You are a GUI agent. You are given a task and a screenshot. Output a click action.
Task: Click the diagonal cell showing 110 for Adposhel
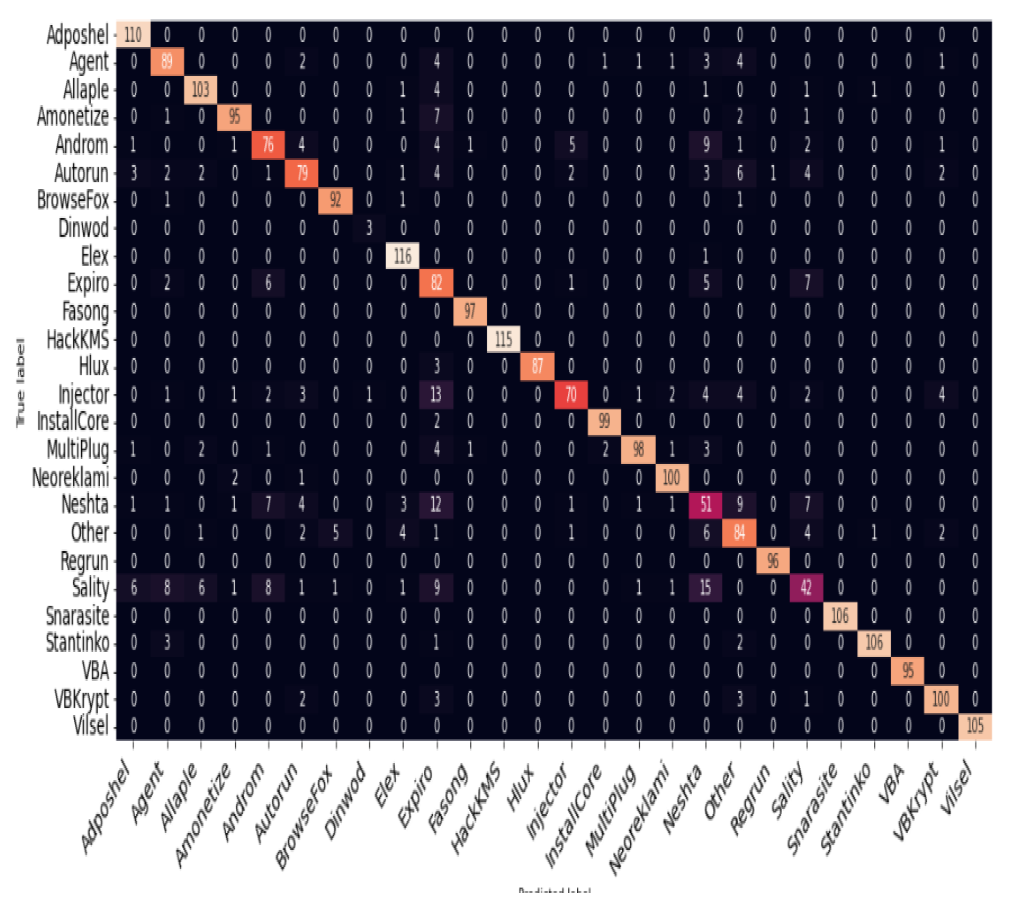click(133, 35)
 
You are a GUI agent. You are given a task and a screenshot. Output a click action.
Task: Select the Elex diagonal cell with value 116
click(403, 256)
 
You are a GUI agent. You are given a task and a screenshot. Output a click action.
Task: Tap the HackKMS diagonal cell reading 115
click(504, 339)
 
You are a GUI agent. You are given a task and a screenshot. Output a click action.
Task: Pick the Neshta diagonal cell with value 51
click(706, 505)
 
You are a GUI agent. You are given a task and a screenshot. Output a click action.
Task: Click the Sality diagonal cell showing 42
click(806, 587)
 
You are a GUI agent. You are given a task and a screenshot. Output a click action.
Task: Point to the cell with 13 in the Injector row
click(436, 395)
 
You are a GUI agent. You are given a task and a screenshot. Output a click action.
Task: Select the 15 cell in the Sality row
click(706, 587)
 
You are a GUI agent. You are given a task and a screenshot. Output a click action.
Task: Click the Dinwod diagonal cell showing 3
click(369, 228)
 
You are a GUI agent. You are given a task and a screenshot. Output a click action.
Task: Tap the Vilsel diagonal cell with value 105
click(975, 725)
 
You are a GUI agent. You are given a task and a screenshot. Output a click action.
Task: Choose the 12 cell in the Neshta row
click(436, 505)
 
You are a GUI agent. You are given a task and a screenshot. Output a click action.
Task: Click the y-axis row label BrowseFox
click(73, 200)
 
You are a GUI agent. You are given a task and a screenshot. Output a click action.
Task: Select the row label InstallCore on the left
click(73, 421)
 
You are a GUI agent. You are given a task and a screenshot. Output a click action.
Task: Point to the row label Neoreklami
click(71, 477)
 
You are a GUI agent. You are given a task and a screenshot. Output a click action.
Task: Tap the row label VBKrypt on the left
click(82, 699)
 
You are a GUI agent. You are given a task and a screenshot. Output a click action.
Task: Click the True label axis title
click(20, 383)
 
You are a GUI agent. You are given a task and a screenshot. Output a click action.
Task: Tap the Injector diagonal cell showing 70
click(571, 395)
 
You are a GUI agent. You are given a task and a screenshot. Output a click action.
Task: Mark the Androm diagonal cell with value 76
click(268, 145)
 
